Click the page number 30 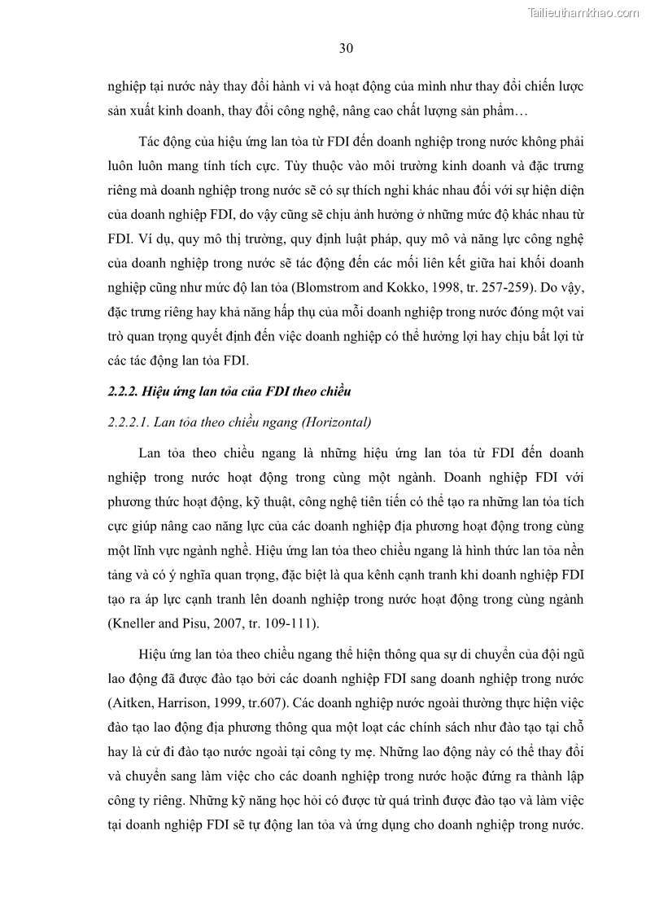click(x=345, y=48)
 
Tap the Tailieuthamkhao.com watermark click(x=584, y=12)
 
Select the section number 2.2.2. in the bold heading click(x=123, y=391)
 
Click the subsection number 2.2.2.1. click(x=129, y=422)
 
